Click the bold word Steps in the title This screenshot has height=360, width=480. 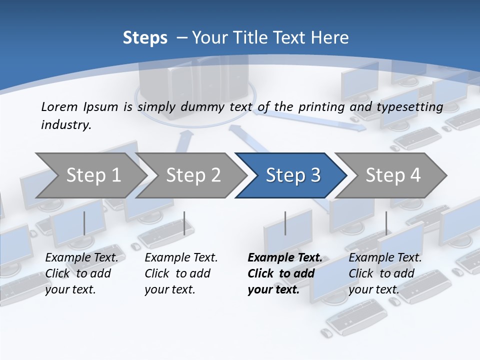(x=145, y=38)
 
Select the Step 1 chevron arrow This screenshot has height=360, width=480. (x=93, y=175)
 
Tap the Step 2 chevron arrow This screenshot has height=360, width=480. (x=193, y=175)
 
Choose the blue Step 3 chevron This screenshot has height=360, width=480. (x=292, y=175)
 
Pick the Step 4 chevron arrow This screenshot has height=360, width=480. (x=393, y=175)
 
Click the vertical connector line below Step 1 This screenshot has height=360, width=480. (x=84, y=223)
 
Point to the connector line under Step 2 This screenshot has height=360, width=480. (x=184, y=223)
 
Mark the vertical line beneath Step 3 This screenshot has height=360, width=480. (x=285, y=223)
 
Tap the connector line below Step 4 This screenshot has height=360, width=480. (x=386, y=223)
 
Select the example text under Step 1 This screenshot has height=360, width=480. (x=81, y=273)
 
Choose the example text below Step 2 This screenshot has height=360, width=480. (x=181, y=273)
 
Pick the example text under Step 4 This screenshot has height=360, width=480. (x=385, y=273)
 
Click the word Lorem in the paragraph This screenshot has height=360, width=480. (x=59, y=106)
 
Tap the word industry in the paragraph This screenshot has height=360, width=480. (x=65, y=125)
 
